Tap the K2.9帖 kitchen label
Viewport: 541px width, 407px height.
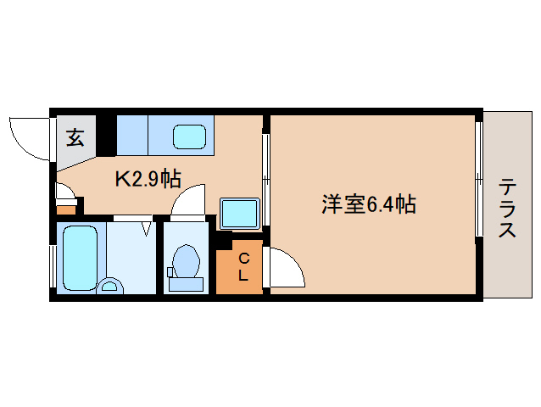point(148,179)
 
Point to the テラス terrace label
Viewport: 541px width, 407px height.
point(507,208)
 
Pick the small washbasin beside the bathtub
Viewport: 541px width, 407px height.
point(109,287)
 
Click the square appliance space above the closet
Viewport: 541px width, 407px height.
point(239,212)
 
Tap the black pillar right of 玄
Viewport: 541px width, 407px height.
point(106,134)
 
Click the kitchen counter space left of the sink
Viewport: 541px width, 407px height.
point(132,134)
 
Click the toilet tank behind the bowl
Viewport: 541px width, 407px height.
point(185,284)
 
